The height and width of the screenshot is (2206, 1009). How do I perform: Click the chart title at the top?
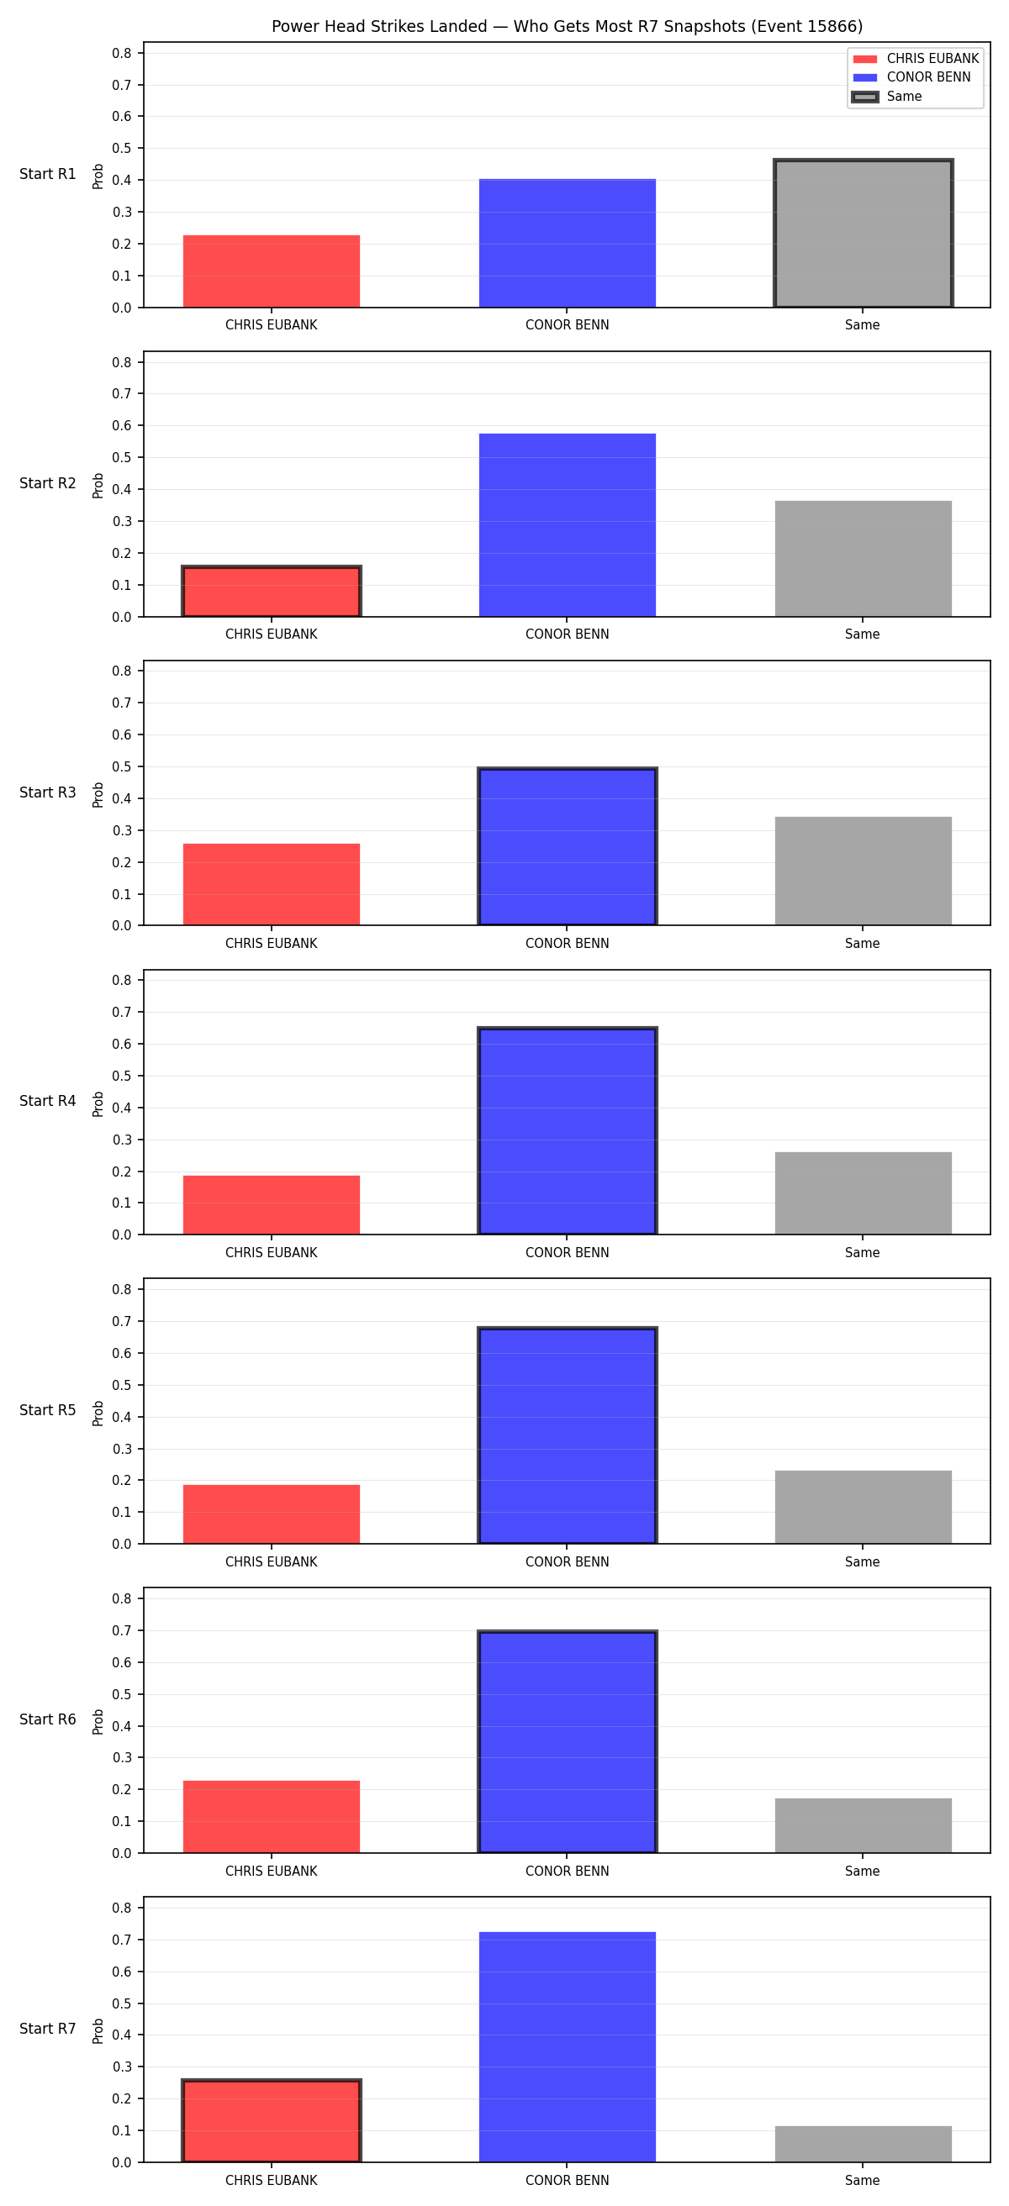[x=567, y=27]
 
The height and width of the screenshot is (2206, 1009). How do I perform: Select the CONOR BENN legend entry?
[x=912, y=77]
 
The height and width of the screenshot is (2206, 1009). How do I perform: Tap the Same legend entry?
[x=887, y=97]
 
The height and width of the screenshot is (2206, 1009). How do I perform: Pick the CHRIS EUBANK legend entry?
[x=916, y=58]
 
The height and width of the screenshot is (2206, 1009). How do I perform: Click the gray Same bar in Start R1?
[x=864, y=233]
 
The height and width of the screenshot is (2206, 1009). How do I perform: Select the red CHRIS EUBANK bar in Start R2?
[x=272, y=592]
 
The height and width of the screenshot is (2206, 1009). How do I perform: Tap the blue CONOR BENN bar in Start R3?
[x=567, y=847]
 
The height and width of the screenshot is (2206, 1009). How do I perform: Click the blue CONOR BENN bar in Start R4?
[x=567, y=1131]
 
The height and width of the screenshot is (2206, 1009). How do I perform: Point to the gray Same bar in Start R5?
[x=864, y=1507]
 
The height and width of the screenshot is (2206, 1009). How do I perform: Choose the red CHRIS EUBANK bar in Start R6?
[x=272, y=1817]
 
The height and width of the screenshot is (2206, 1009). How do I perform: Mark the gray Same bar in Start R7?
[x=864, y=2145]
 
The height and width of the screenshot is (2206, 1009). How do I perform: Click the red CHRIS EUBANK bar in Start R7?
[x=272, y=2121]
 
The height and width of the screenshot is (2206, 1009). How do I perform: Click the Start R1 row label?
[x=48, y=174]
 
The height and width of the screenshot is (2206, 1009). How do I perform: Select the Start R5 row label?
[x=48, y=1410]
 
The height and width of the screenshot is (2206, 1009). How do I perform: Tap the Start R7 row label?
[x=48, y=2029]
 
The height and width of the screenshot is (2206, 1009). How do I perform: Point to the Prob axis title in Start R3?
[x=98, y=794]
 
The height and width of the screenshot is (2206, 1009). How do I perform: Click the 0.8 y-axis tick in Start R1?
[x=122, y=53]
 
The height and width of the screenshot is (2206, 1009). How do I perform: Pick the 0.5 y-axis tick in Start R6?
[x=122, y=1695]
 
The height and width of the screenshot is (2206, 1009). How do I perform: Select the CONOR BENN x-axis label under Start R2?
[x=567, y=634]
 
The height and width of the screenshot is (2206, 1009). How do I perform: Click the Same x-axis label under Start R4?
[x=863, y=1253]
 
